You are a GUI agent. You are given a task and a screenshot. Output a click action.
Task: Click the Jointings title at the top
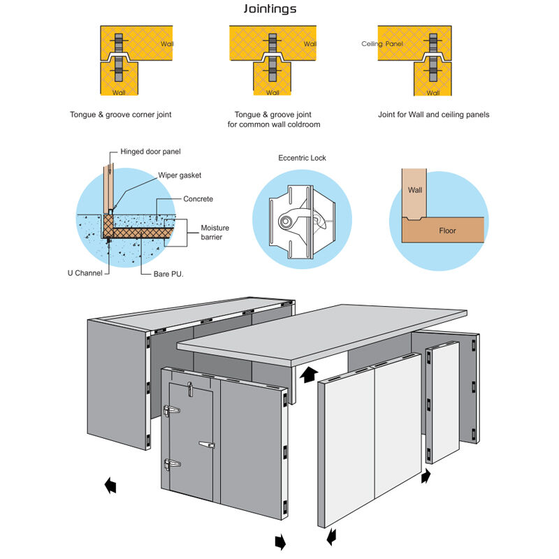270,10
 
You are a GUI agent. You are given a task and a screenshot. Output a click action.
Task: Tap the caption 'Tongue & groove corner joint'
121,115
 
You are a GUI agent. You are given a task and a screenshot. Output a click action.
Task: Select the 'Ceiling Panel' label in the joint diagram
382,43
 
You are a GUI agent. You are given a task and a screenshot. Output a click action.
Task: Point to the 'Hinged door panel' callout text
151,152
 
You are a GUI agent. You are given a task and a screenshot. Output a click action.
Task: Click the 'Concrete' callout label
198,199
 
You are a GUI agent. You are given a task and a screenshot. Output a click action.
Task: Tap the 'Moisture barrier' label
215,233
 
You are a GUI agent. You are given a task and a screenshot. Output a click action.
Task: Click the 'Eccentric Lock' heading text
301,158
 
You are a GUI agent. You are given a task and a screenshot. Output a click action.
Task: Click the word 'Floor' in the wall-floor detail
447,230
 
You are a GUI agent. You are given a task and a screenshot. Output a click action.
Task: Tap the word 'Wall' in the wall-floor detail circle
415,189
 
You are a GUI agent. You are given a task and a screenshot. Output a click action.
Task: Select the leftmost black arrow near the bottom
110,486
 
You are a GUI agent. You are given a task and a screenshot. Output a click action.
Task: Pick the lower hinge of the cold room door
170,463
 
